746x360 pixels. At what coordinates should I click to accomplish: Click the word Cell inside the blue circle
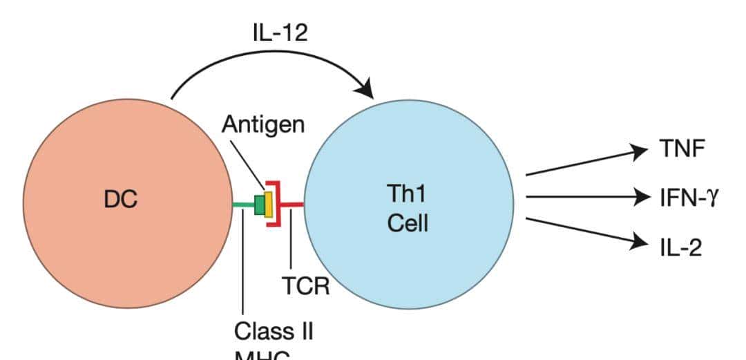408,223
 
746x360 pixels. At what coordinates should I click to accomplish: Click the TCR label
305,285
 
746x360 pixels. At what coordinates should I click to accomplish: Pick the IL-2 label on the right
680,247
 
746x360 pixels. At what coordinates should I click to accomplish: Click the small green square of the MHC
260,205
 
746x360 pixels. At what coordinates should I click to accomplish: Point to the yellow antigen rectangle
268,204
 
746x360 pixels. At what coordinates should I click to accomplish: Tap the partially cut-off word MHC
262,355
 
